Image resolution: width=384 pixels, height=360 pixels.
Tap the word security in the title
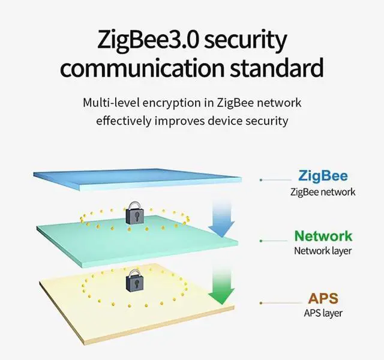pyautogui.click(x=247, y=40)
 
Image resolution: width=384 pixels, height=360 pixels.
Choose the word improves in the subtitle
pyautogui.click(x=187, y=120)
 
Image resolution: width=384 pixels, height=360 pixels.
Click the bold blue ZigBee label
pyautogui.click(x=323, y=176)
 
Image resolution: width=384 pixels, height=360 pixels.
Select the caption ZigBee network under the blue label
pyautogui.click(x=323, y=192)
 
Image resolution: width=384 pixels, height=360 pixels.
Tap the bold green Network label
pyautogui.click(x=323, y=236)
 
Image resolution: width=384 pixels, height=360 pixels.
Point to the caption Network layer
pyautogui.click(x=323, y=251)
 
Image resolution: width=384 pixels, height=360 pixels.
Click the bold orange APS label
pyautogui.click(x=323, y=298)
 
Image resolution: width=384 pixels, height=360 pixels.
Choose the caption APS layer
pyautogui.click(x=323, y=313)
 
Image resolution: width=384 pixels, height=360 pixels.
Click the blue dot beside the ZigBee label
pyautogui.click(x=261, y=179)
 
